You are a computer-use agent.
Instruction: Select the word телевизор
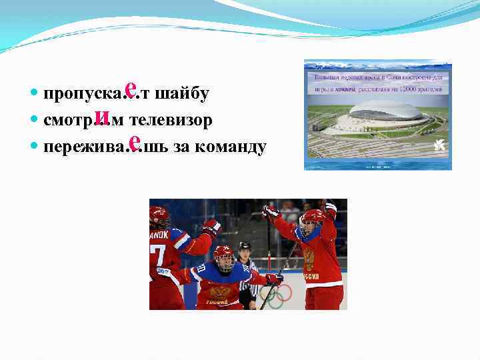click(x=171, y=121)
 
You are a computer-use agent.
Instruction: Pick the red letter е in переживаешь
click(x=134, y=142)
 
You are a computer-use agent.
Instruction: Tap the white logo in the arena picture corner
click(x=439, y=145)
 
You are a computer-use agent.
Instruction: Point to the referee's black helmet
click(x=245, y=246)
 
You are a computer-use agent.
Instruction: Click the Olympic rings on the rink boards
click(x=275, y=293)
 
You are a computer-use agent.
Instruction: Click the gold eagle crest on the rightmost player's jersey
click(x=308, y=257)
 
